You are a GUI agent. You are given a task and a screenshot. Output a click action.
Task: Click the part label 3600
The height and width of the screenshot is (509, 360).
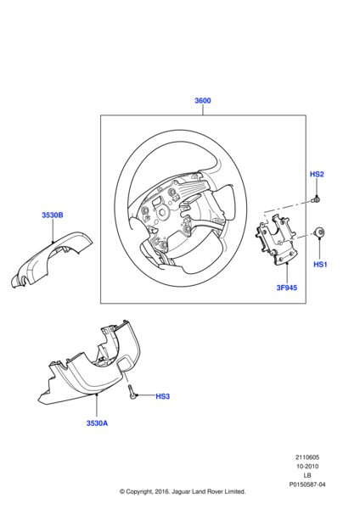click(203, 101)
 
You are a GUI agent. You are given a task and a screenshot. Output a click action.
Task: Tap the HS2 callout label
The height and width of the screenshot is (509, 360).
click(317, 174)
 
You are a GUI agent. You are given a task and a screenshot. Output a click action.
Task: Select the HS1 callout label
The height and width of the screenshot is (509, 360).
click(320, 265)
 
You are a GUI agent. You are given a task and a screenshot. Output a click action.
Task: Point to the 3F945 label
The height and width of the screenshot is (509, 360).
click(287, 288)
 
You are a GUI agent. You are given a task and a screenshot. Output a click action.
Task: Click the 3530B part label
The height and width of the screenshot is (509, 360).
click(53, 215)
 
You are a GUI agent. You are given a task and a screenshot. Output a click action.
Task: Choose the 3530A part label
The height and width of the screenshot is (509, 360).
click(97, 423)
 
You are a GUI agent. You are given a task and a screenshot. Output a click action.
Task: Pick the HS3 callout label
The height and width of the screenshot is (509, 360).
click(163, 396)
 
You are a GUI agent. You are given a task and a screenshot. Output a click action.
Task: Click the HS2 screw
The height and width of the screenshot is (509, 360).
click(316, 199)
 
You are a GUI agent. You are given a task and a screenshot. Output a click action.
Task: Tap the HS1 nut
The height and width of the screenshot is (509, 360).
click(318, 232)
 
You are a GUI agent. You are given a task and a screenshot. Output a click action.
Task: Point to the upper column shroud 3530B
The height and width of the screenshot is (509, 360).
click(51, 259)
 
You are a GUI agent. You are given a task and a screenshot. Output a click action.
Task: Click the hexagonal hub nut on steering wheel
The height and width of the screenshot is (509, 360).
click(162, 214)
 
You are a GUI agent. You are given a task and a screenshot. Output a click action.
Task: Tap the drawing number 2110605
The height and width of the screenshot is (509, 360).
click(307, 457)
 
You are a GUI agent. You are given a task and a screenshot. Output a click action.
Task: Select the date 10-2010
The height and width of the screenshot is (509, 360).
click(307, 467)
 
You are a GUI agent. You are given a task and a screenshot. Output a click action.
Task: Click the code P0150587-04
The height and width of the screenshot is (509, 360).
click(307, 484)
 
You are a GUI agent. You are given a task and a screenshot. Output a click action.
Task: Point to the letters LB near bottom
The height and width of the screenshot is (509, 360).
click(307, 476)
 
